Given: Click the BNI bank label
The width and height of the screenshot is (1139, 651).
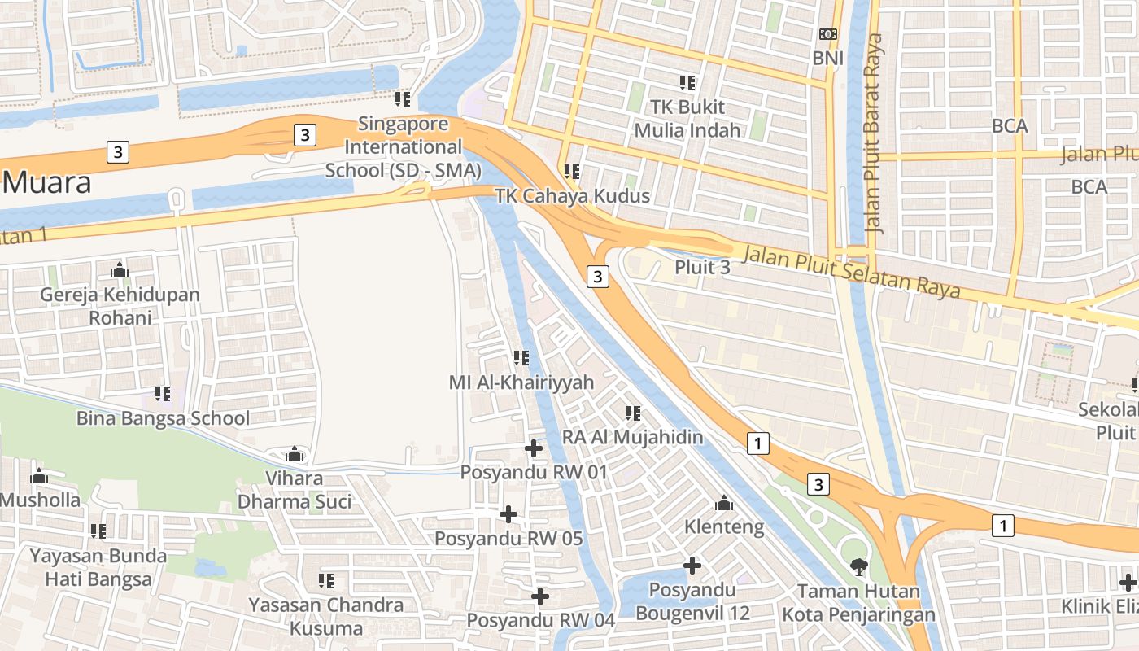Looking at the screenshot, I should tap(827, 58).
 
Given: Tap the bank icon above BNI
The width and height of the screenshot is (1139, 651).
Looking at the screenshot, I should tap(827, 34).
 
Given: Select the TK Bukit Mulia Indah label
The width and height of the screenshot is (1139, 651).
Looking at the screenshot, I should tap(687, 118).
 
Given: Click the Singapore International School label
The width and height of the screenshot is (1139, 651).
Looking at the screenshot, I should tap(403, 147).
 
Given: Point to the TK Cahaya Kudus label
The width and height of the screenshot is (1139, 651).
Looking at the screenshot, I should tap(573, 196).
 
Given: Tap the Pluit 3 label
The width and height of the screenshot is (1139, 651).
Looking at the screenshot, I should tap(702, 267).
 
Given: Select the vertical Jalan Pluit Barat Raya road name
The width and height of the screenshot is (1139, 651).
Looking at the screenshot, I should tap(875, 134).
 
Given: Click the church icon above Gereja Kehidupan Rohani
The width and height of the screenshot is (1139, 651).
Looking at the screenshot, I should tap(120, 270).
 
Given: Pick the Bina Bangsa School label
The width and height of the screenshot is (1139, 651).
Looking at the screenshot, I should tap(163, 418).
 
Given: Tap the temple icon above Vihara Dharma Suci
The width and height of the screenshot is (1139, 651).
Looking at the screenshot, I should tap(294, 454).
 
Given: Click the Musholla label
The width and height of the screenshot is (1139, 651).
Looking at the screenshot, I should tap(41, 499).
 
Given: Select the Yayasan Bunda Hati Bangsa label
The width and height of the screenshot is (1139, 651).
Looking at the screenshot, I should tap(98, 567).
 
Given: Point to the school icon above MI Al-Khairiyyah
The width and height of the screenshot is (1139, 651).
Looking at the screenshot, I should tap(521, 358).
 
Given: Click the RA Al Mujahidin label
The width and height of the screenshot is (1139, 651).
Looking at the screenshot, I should tap(633, 437).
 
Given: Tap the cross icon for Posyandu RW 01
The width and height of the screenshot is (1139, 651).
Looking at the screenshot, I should tap(534, 448).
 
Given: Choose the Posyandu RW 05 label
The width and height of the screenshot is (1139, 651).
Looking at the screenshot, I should tap(508, 538).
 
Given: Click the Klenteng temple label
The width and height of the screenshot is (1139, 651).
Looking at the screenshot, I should tap(724, 526).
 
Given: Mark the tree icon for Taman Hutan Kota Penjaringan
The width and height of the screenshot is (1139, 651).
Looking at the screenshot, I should tap(858, 566).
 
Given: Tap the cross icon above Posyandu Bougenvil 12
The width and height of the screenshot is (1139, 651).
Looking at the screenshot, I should tap(692, 565).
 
